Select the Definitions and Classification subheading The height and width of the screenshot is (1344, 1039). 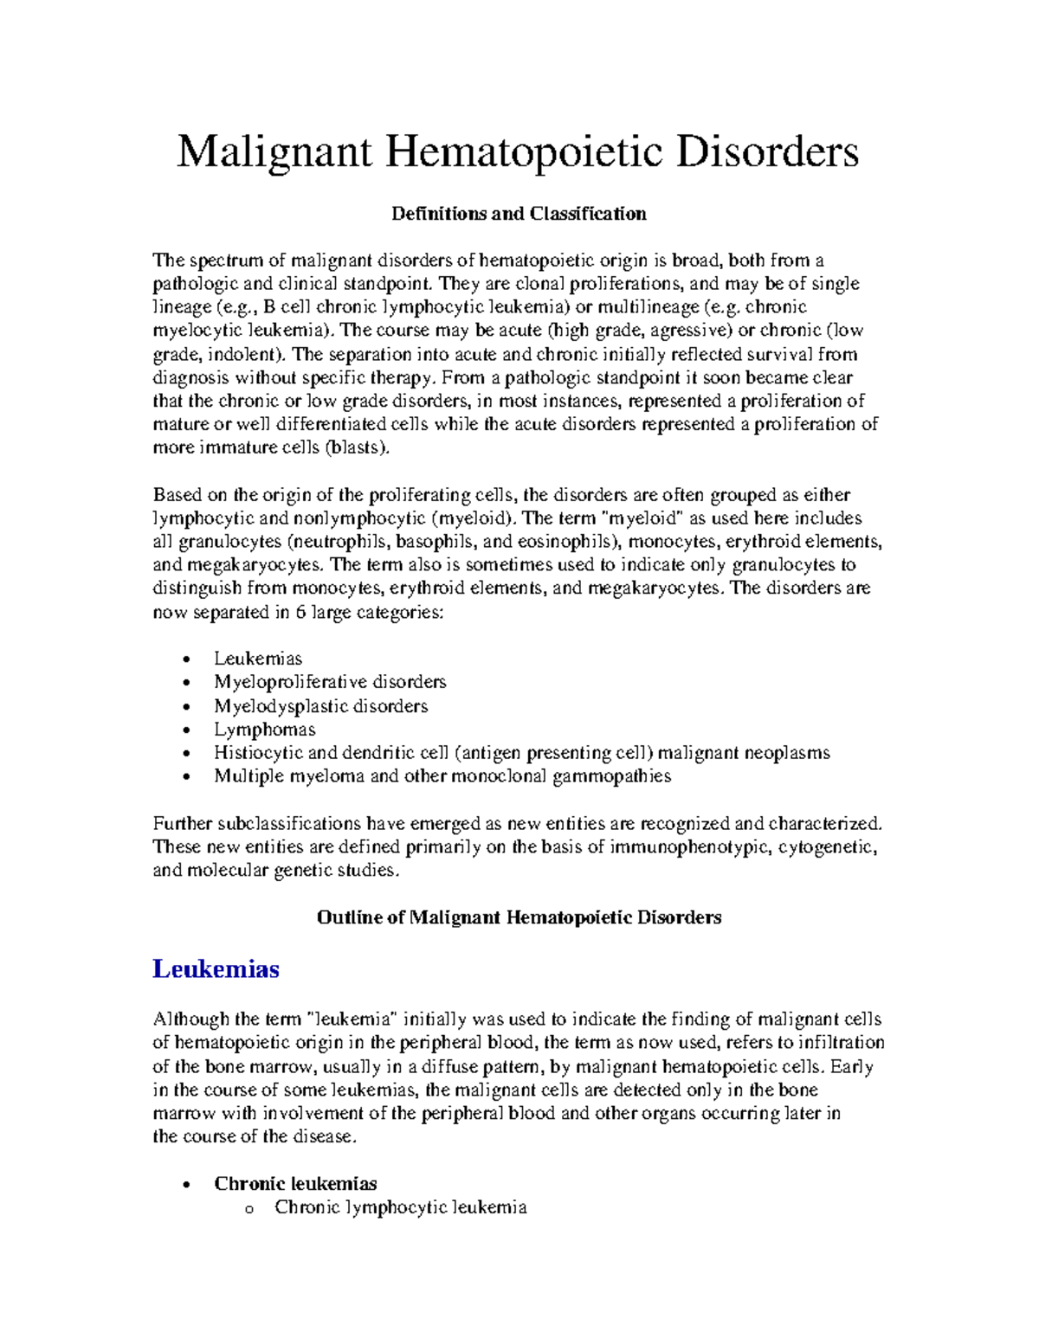point(519,214)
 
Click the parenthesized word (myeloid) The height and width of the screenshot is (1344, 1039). point(473,518)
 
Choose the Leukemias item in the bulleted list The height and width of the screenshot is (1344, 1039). point(258,659)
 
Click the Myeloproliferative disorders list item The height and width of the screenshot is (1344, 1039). point(330,682)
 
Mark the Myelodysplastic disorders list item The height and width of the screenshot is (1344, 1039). point(320,706)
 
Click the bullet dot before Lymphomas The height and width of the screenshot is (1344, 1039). point(187,730)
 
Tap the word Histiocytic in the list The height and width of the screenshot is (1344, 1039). point(258,753)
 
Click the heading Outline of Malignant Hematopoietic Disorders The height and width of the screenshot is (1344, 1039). point(519,917)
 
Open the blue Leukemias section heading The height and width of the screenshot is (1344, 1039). point(216,968)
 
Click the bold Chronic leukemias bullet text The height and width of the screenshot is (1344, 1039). point(295,1183)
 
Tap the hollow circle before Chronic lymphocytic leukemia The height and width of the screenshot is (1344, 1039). point(248,1208)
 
